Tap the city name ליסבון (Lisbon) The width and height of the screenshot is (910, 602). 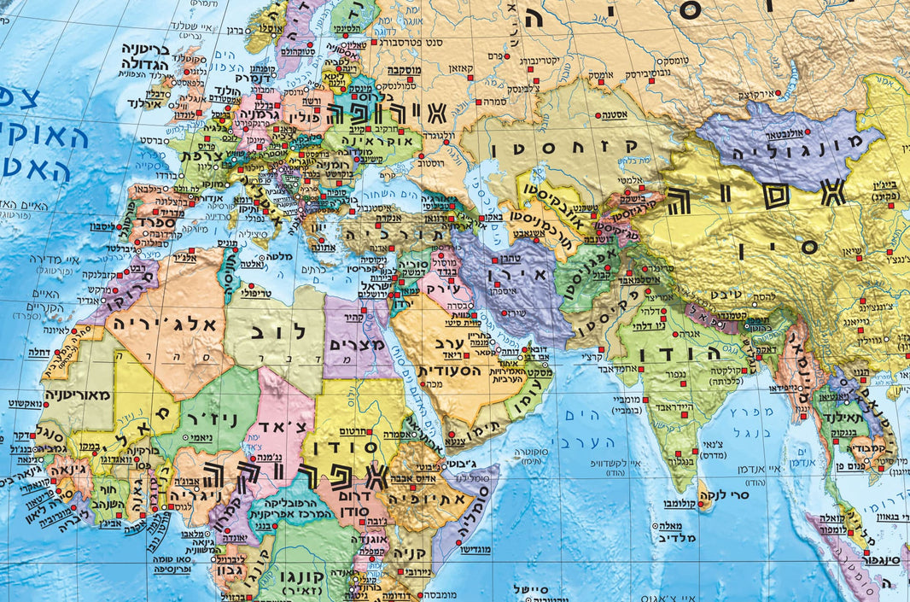pyautogui.click(x=105, y=226)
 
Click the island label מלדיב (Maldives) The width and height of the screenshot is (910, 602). pyautogui.click(x=679, y=538)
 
